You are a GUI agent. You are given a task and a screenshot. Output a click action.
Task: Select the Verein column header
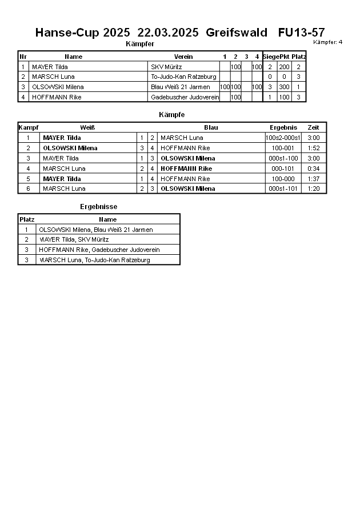(x=183, y=57)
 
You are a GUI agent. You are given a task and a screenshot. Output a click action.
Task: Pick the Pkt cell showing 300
(x=284, y=87)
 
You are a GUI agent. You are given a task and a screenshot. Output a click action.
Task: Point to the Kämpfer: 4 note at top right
(x=328, y=42)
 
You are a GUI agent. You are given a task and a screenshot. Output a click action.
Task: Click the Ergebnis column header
(x=283, y=127)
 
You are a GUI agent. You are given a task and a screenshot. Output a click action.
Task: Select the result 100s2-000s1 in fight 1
(x=283, y=138)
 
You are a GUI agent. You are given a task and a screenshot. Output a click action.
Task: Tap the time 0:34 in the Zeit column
(x=313, y=169)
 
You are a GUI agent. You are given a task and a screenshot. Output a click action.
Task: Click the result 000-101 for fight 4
(x=283, y=169)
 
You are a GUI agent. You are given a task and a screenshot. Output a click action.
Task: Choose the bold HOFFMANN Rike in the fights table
(x=186, y=169)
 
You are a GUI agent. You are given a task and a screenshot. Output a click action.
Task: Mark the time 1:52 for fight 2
(x=313, y=148)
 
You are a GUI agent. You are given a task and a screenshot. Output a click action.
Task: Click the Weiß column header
(x=87, y=127)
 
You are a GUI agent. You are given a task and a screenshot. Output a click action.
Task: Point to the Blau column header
(x=211, y=127)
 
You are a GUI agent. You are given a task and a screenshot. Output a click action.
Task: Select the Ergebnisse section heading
(x=98, y=207)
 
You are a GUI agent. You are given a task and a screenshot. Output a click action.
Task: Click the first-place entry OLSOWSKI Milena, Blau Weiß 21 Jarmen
(x=96, y=230)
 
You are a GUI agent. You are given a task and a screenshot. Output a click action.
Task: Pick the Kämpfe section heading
(x=171, y=115)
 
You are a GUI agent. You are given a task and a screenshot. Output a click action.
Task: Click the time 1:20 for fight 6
(x=313, y=189)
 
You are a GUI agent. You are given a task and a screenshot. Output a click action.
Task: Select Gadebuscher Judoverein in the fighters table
(x=185, y=97)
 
